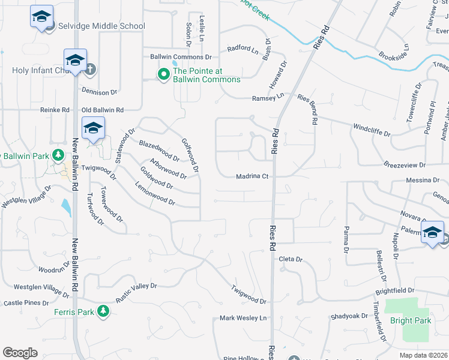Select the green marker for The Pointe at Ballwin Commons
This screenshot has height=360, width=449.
pyautogui.click(x=163, y=74)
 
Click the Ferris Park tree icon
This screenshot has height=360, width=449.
pyautogui.click(x=103, y=311)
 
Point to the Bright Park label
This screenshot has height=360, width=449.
pyautogui.click(x=410, y=320)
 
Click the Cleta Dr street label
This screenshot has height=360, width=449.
pyautogui.click(x=291, y=259)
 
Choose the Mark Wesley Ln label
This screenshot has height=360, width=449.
pyautogui.click(x=243, y=318)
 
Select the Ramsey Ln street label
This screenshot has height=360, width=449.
pyautogui.click(x=268, y=97)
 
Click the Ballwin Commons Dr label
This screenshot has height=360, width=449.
pyautogui.click(x=181, y=58)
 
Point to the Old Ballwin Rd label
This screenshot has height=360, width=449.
pyautogui.click(x=102, y=110)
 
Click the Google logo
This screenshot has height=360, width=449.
pyautogui.click(x=20, y=353)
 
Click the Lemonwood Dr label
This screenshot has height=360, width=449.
pyautogui.click(x=155, y=199)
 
